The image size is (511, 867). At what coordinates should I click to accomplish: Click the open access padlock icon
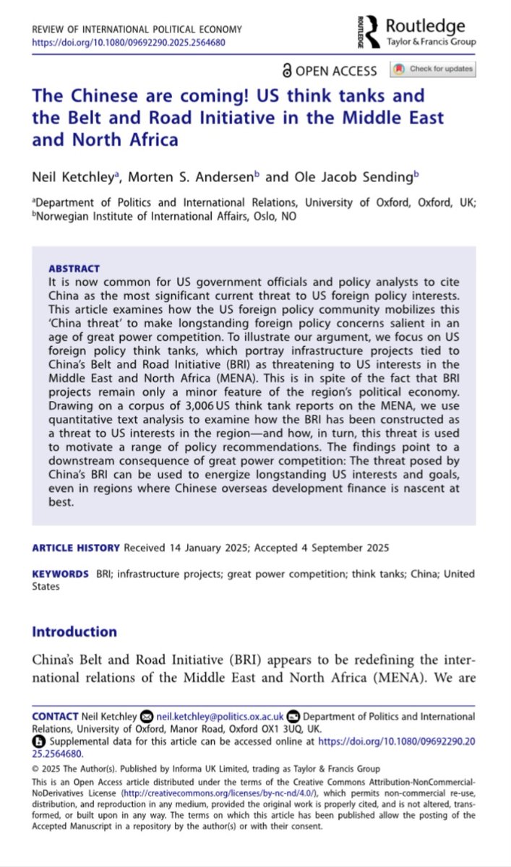(287, 70)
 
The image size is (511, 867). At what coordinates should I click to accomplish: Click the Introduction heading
(74, 631)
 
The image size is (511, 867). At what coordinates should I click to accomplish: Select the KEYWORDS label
(61, 574)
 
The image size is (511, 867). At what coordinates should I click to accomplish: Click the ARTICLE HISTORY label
(76, 548)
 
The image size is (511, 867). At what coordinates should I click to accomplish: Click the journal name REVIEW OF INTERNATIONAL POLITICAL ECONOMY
(137, 30)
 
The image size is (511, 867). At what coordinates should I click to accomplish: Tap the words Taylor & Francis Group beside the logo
(431, 42)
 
